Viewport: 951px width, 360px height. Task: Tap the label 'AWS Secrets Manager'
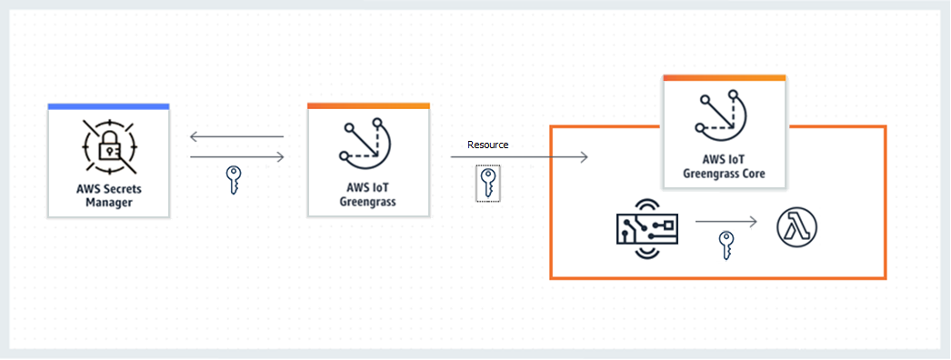click(108, 195)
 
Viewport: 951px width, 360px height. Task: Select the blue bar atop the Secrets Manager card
click(108, 106)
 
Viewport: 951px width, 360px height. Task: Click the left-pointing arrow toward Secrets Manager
click(236, 138)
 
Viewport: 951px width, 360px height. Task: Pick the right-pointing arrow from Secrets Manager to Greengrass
click(236, 157)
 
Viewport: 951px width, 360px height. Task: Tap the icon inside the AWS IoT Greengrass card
click(367, 143)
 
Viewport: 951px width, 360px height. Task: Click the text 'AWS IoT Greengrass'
click(367, 195)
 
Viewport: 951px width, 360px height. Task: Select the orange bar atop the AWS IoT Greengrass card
click(367, 106)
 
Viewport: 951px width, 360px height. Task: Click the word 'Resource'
click(487, 145)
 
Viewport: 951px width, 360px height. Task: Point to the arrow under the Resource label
click(519, 157)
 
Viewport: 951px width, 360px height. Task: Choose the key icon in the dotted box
click(488, 183)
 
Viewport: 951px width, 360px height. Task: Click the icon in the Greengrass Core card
click(724, 115)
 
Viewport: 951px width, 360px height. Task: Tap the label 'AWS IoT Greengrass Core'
click(724, 166)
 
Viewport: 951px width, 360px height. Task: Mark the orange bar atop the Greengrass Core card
click(724, 79)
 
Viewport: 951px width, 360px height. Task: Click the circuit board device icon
click(647, 227)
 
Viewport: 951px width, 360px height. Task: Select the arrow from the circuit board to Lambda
click(726, 222)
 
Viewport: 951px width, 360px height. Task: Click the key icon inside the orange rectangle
click(726, 245)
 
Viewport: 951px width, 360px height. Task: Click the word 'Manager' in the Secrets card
click(108, 203)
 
